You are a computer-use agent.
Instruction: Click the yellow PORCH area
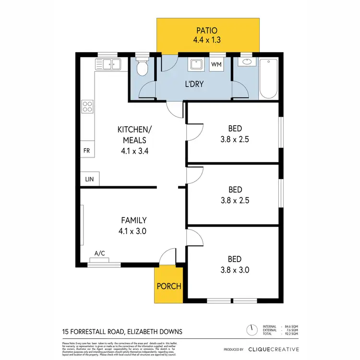point(168,286)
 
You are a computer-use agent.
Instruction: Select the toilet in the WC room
point(142,69)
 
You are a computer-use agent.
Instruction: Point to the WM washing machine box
point(216,64)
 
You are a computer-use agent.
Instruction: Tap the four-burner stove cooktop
point(87,106)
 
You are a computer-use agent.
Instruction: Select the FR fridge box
point(87,150)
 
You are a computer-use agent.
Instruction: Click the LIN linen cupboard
point(90,180)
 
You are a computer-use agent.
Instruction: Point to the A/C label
point(99,253)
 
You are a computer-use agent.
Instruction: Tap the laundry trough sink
point(197,65)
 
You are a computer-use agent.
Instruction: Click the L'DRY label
point(195,84)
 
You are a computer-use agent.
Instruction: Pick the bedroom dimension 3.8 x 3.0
point(235,270)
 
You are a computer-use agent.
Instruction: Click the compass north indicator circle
point(250,330)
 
